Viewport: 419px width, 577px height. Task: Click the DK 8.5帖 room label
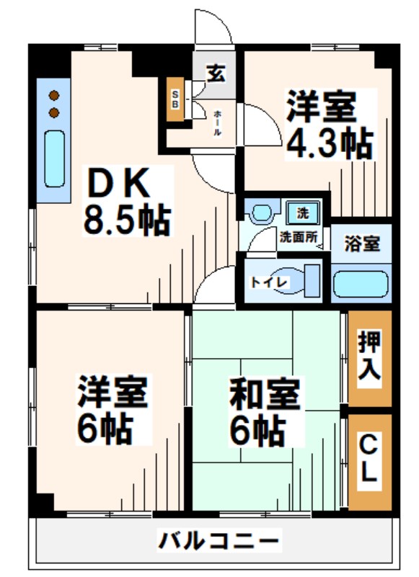click(x=128, y=201)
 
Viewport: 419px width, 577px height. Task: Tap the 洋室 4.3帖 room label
click(x=328, y=125)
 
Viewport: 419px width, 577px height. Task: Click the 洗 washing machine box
click(x=303, y=213)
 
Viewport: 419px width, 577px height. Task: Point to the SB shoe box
click(x=175, y=99)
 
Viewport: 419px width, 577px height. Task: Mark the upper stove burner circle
click(x=53, y=94)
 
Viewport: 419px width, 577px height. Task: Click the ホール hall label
click(x=216, y=124)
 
